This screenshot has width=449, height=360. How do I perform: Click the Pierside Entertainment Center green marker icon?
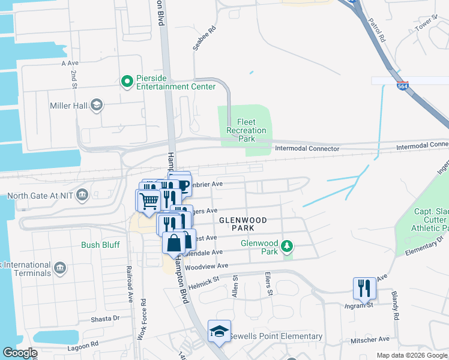[127, 81]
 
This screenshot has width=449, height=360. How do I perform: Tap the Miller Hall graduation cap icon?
[96, 106]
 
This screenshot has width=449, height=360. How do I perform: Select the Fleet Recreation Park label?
[246, 130]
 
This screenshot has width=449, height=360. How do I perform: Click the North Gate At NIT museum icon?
[83, 194]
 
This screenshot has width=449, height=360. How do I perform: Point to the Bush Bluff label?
[100, 245]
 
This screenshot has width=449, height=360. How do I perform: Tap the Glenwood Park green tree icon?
[288, 246]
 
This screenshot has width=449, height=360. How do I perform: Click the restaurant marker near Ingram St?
[364, 288]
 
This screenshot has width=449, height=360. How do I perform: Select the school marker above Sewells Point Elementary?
[219, 331]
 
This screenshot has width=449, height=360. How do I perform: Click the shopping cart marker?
[148, 200]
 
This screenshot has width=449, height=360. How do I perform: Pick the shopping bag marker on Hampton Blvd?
[173, 243]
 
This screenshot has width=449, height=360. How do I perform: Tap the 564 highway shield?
[403, 86]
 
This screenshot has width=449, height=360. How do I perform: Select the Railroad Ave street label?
[129, 283]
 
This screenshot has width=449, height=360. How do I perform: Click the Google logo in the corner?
[20, 353]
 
